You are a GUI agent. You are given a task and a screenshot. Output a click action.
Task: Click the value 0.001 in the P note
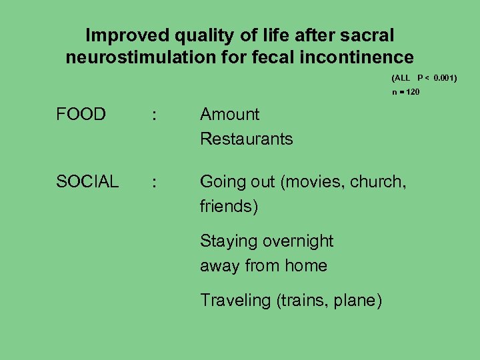pyautogui.click(x=445, y=78)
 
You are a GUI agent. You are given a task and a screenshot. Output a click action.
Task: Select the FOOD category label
pyautogui.click(x=81, y=115)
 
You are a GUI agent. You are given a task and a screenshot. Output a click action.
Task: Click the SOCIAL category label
pyautogui.click(x=87, y=181)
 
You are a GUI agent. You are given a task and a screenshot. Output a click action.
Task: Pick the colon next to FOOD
pyautogui.click(x=155, y=115)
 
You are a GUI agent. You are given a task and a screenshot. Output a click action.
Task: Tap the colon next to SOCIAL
pyautogui.click(x=155, y=182)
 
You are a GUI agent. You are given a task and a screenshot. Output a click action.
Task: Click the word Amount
pyautogui.click(x=229, y=115)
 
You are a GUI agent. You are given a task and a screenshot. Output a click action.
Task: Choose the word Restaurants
pyautogui.click(x=246, y=139)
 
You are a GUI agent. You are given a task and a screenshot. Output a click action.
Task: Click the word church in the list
pyautogui.click(x=375, y=181)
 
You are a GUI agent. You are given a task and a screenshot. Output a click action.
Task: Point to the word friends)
pyautogui.click(x=229, y=206)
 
